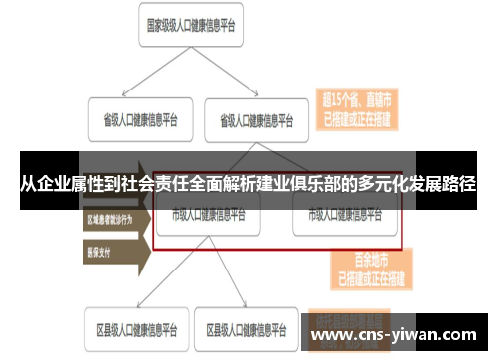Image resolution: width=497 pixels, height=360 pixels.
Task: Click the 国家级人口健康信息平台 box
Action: click(x=194, y=26)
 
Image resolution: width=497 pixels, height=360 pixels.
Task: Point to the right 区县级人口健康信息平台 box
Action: click(x=249, y=327)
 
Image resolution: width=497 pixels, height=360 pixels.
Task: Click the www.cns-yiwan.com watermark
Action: click(x=399, y=334)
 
